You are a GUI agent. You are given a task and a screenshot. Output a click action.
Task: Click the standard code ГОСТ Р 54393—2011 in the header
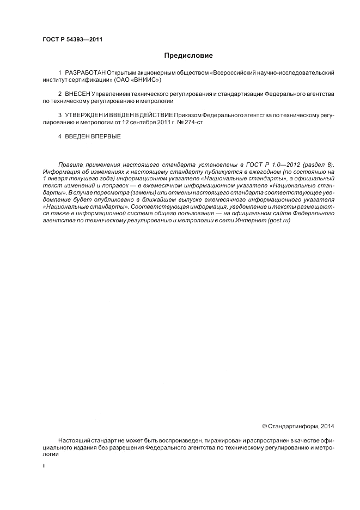tap(72, 40)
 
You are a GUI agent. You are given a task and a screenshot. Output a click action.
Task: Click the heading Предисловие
tap(188, 56)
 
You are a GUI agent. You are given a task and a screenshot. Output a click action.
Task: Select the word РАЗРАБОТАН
tap(85, 72)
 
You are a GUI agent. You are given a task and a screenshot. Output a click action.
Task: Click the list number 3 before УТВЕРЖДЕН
tap(59, 116)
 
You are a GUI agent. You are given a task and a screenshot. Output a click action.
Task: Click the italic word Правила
tap(70, 165)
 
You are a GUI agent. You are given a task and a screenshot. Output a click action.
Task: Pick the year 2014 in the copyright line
tap(328, 426)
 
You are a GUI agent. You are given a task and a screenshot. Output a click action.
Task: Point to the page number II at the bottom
tap(44, 467)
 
